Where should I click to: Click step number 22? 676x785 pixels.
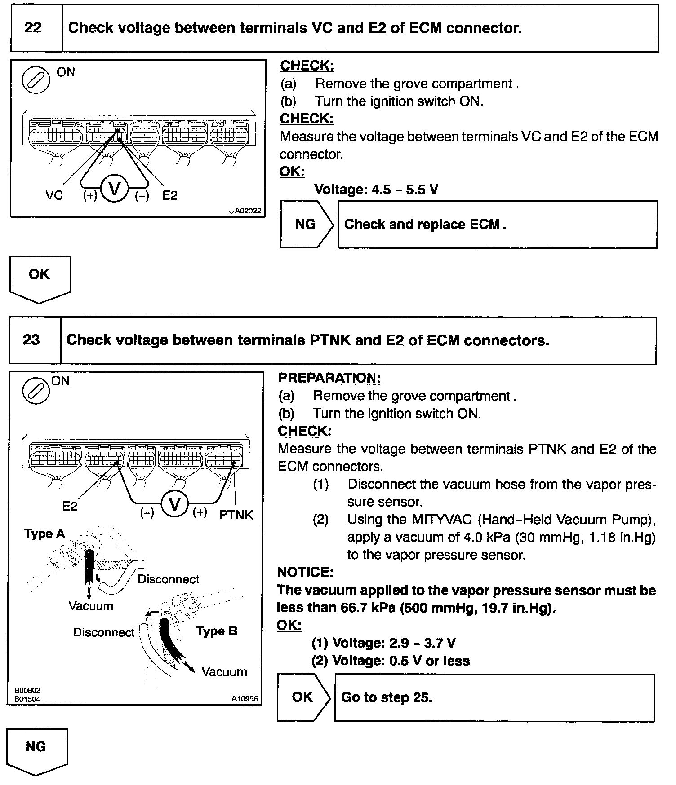33,28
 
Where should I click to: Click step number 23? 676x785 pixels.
31,340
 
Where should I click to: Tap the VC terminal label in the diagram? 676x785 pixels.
54,195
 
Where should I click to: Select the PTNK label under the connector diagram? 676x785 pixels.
236,515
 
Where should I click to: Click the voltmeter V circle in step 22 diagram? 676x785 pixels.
115,189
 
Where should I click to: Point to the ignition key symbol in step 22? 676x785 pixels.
36,79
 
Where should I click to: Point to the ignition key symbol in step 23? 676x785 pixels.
36,390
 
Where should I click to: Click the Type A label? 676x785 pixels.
44,534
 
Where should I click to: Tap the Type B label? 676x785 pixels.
217,631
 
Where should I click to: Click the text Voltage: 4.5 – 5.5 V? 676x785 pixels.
376,190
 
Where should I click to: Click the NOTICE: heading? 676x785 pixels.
305,572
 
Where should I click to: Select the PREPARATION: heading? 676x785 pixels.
329,378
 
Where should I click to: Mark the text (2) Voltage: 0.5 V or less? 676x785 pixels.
391,661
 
